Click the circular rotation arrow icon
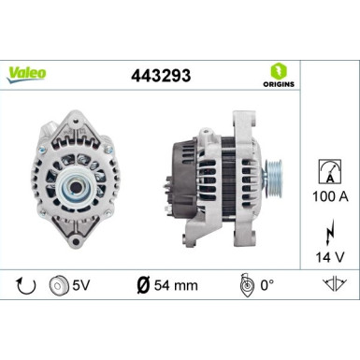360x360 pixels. pyautogui.click(x=26, y=284)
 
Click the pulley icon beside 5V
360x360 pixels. pyautogui.click(x=58, y=284)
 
